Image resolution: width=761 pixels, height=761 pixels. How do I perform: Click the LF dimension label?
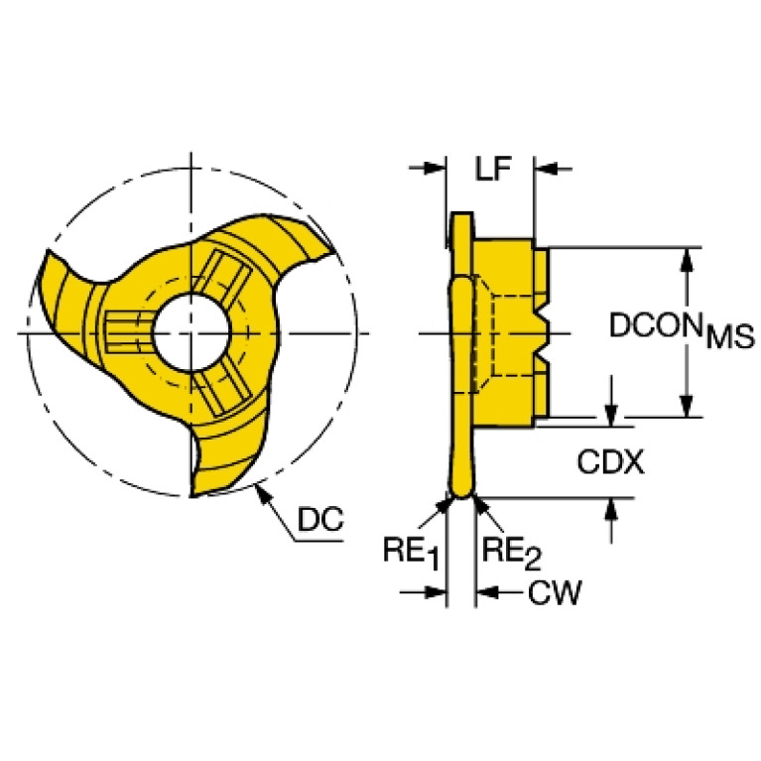coord(493,170)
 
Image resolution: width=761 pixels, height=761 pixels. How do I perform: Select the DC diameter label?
coord(320,519)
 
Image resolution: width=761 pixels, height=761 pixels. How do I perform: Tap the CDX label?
coord(610,461)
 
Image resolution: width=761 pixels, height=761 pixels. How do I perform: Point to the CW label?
coord(555,592)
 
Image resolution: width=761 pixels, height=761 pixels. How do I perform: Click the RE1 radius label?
coord(411,553)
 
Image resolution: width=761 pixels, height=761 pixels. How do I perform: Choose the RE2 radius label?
coord(512,553)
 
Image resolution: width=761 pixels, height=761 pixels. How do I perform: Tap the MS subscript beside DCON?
coord(730,336)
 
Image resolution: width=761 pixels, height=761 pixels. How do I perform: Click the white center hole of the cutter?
coord(191,333)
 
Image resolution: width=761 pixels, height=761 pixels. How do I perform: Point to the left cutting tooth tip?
coord(47,251)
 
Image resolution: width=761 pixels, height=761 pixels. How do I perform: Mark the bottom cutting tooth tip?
coord(192,495)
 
